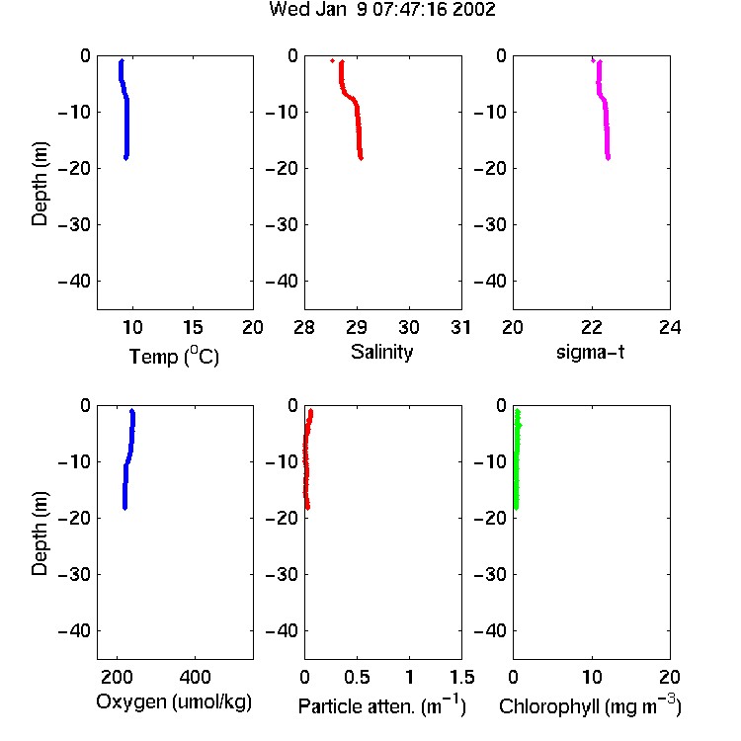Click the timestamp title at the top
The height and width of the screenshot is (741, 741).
coord(381,9)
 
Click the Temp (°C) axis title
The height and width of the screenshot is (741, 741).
coord(174,356)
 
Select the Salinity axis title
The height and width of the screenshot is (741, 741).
coord(381,353)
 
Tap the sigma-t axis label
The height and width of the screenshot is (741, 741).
coord(590,352)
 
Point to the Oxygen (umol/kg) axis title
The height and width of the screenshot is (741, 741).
coord(174,701)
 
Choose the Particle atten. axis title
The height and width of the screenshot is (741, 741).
coord(381,705)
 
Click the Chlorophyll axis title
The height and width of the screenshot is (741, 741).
coord(590,705)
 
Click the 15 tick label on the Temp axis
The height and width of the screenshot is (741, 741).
coord(193,327)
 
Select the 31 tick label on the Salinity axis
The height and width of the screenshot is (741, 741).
coord(461,327)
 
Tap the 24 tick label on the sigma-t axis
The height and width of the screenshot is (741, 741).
coord(670,327)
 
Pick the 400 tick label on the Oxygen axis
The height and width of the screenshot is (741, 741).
coord(196,677)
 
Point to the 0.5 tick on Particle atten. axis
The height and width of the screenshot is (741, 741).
coord(358,677)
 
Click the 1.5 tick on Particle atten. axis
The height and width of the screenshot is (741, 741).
coord(462,677)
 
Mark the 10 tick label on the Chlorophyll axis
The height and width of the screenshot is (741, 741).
coord(592,677)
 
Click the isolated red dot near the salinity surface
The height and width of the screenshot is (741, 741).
coord(332,60)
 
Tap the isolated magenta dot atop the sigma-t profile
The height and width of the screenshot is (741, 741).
coord(593,60)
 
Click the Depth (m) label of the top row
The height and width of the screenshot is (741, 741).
coord(40,184)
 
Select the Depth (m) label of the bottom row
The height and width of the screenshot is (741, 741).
coord(40,534)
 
